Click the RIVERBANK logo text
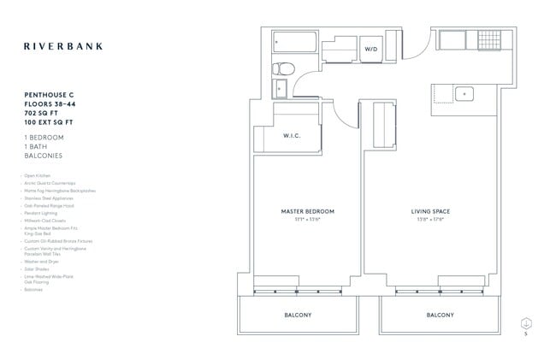point(63,46)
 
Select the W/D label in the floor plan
point(371,50)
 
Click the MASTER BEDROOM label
point(308,210)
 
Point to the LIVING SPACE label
point(430,210)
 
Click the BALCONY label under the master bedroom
point(298,316)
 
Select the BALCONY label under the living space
point(441,316)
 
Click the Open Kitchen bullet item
point(38,175)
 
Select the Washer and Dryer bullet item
point(43,261)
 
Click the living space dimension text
point(430,219)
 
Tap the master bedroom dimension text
point(308,219)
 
